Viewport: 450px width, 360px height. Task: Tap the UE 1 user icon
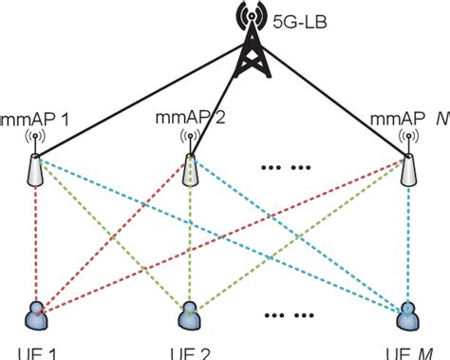(36, 314)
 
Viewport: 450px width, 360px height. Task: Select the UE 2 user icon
(189, 314)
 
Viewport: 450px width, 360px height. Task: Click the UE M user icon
(407, 314)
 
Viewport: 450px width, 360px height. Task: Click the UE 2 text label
(190, 353)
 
